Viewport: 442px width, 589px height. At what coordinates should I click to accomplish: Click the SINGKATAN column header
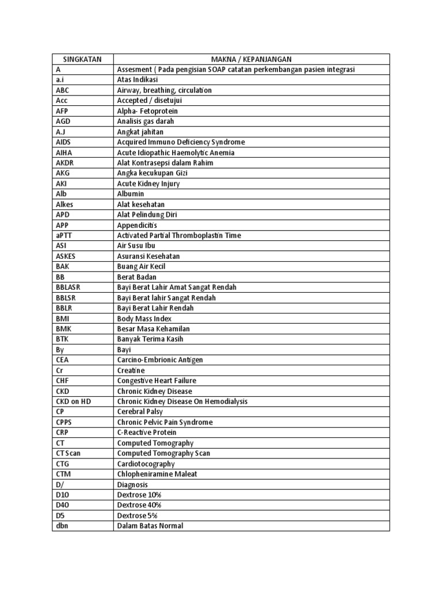coord(82,59)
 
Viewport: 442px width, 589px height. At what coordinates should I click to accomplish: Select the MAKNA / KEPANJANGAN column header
coord(252,59)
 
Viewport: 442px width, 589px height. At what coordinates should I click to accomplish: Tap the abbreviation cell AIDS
coord(64,142)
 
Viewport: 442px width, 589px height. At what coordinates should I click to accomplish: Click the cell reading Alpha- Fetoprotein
coord(147,111)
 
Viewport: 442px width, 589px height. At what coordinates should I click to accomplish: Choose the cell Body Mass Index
coord(144,318)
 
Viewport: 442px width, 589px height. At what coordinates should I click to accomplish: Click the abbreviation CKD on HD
coord(73,401)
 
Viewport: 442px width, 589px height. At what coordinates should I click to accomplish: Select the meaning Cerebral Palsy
coord(140,412)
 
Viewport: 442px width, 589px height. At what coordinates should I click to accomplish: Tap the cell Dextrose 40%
coord(139,505)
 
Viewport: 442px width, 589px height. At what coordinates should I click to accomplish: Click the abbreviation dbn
coord(62,526)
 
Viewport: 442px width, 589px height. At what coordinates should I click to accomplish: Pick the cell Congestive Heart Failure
coord(157,381)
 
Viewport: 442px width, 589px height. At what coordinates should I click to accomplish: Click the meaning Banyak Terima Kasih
coord(150,339)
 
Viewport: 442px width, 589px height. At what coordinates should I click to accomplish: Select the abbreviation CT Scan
coord(68,453)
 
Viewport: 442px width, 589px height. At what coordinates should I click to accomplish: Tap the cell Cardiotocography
coord(146,464)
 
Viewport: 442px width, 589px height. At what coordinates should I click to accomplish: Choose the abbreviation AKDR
coord(65,163)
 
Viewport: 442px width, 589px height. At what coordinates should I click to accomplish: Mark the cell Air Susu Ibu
coord(136,246)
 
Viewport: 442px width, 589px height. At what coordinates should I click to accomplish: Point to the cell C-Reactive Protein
coord(147,433)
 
